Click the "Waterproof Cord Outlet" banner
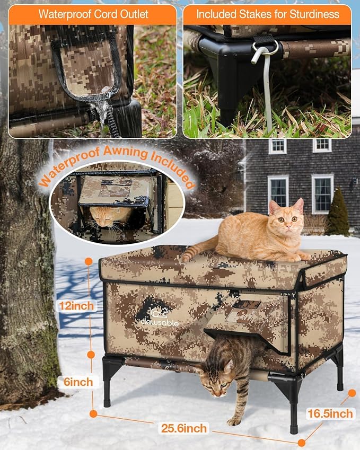93,14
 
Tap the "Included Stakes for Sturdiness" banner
267,14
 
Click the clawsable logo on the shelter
157,316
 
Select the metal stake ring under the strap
266,49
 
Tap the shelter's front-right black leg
293,403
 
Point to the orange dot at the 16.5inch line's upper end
352,393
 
